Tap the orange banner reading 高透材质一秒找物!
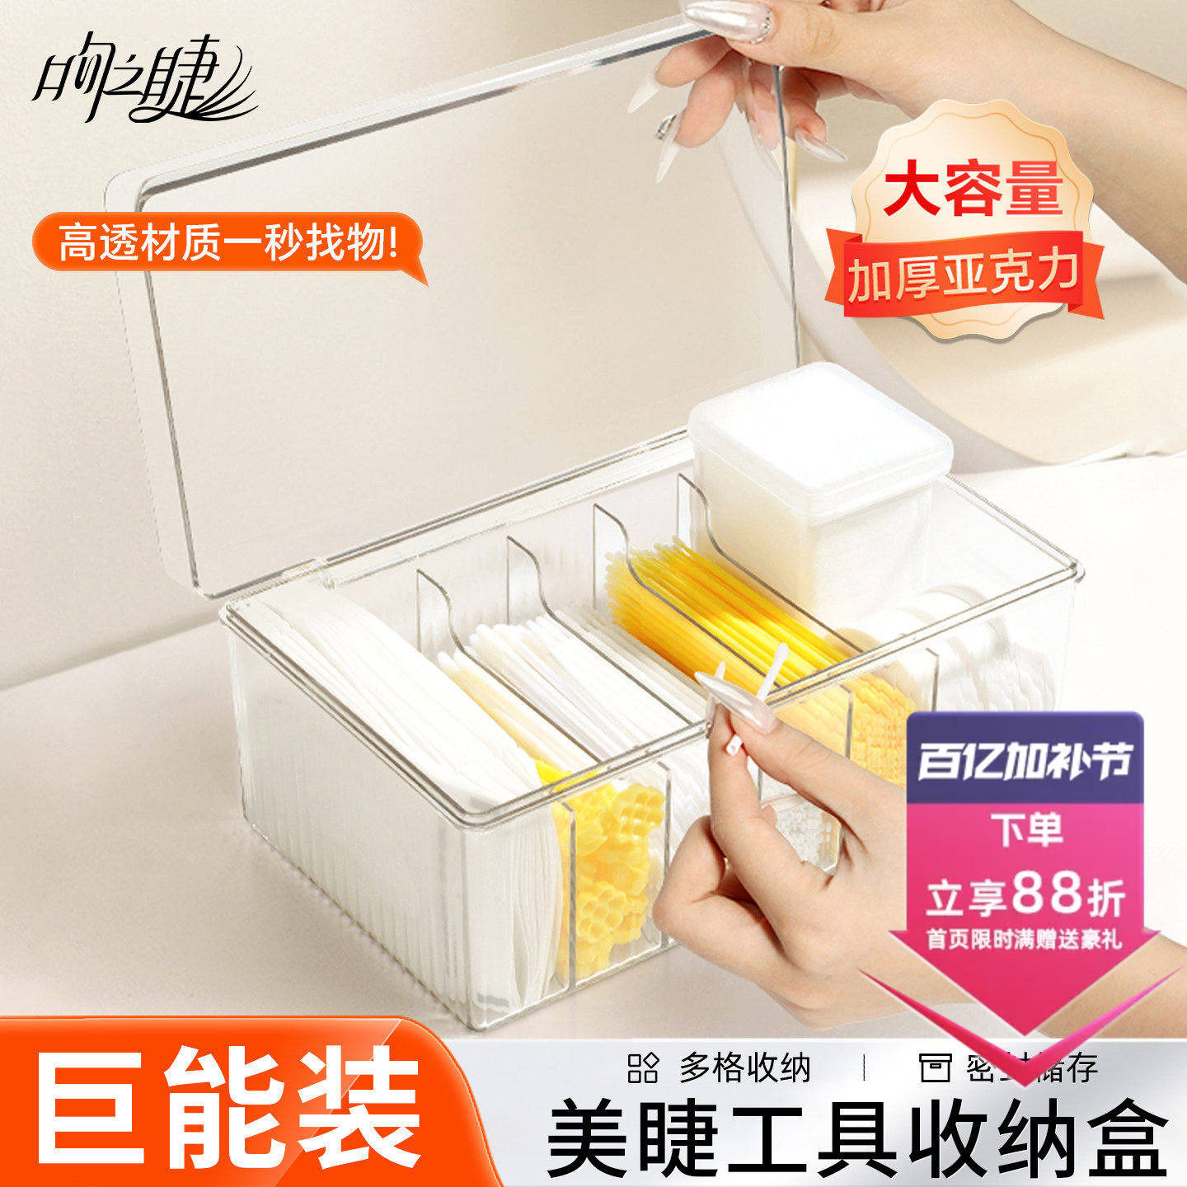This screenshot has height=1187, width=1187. click(227, 244)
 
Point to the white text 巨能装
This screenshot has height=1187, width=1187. click(227, 1109)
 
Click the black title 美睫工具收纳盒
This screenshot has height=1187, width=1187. click(857, 1142)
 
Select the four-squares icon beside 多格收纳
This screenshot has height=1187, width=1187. click(643, 1068)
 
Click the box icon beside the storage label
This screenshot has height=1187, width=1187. click(935, 1068)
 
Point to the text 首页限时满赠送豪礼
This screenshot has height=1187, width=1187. click(1024, 939)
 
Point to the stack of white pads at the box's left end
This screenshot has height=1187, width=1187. click(371, 701)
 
